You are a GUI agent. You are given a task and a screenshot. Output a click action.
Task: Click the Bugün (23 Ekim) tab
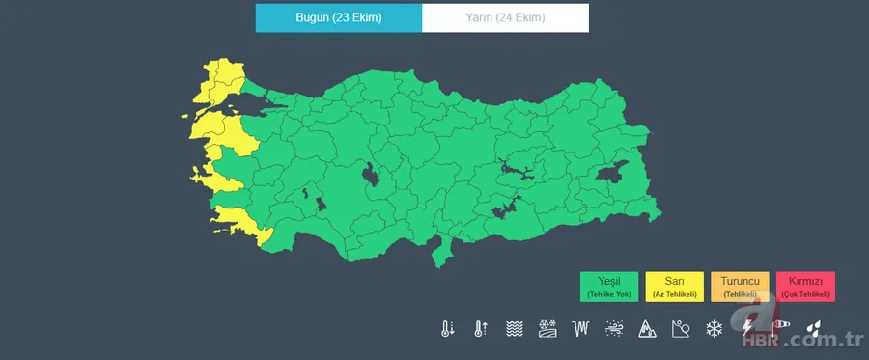(x=338, y=18)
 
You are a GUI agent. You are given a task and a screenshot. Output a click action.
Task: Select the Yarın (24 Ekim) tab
(x=505, y=18)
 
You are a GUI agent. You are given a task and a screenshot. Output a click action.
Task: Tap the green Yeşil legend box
(x=608, y=286)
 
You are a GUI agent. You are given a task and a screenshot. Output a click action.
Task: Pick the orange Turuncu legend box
(x=740, y=286)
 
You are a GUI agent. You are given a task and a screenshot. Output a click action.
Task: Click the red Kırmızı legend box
(x=805, y=286)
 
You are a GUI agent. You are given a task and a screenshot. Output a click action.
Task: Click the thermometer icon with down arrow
(x=447, y=329)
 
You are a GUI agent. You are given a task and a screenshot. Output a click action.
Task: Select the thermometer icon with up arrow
(x=480, y=329)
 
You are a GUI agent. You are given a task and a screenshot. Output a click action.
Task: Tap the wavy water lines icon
(x=514, y=329)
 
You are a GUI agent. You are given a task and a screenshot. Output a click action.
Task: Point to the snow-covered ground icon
(x=547, y=329)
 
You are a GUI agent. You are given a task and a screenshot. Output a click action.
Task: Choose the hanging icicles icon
(x=580, y=329)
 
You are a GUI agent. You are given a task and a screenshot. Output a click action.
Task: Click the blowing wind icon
(x=614, y=329)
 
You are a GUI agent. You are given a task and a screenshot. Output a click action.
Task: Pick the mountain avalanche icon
(x=647, y=329)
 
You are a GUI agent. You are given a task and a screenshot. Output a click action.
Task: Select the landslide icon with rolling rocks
(x=681, y=329)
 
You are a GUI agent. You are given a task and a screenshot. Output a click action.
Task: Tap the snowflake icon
(x=715, y=329)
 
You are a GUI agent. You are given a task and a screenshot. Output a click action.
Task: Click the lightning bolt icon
(x=746, y=329)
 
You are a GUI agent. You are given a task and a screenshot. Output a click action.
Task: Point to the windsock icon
(x=780, y=329)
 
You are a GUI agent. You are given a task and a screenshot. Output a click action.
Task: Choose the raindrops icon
(x=814, y=329)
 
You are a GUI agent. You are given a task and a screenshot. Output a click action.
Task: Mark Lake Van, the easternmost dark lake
(x=611, y=174)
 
